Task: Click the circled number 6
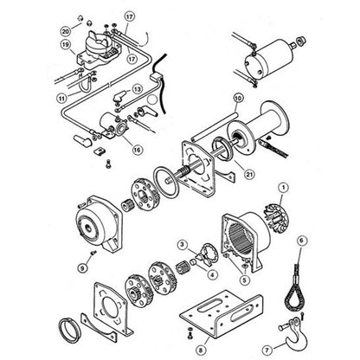(301, 240)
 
